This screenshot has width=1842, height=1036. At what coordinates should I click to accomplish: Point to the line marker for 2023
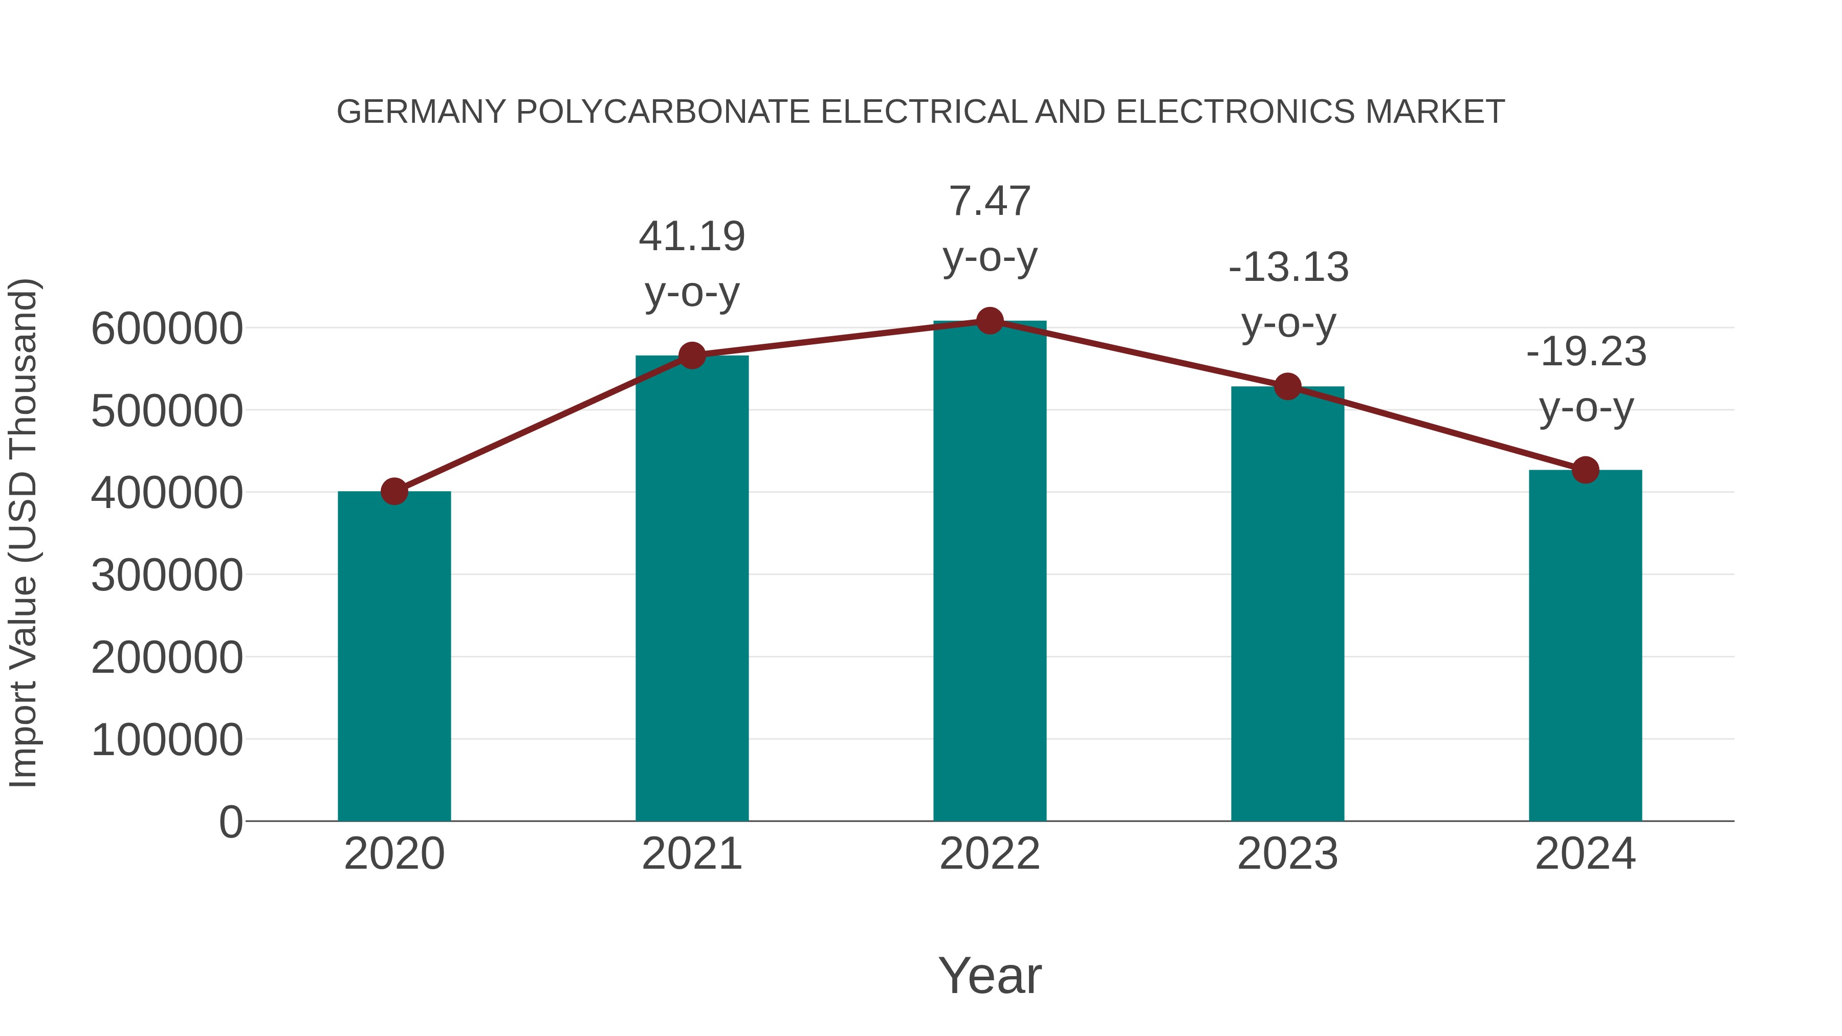1287,387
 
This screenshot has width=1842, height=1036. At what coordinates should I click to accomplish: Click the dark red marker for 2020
394,491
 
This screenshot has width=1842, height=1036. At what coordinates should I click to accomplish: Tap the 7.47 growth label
990,202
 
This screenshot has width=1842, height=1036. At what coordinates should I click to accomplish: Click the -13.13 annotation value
1288,268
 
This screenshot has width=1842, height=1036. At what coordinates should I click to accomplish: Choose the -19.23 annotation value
1585,352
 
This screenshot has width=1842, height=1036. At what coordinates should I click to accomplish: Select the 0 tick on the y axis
230,822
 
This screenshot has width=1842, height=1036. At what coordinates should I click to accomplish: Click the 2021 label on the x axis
691,854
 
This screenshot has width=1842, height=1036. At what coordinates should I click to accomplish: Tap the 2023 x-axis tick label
1287,854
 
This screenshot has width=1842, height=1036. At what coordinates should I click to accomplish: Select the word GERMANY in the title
421,112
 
